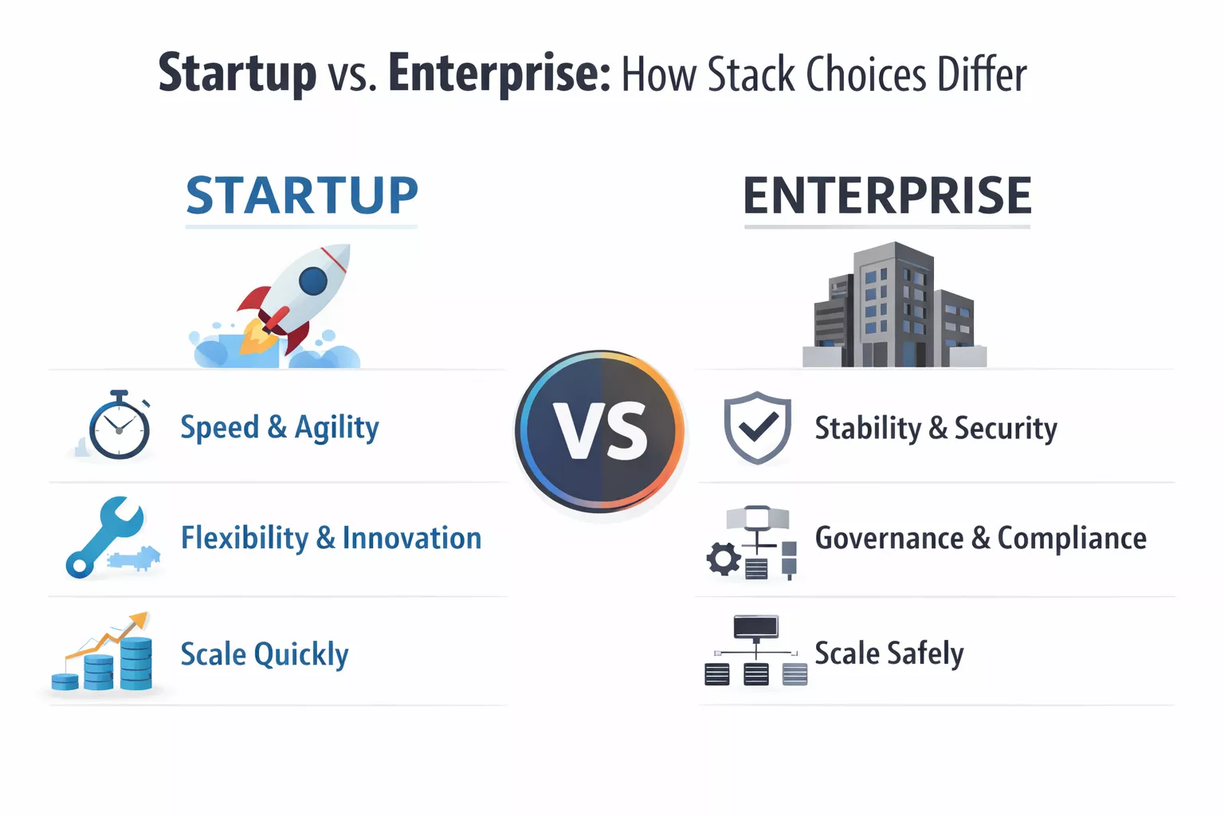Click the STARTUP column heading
click(x=301, y=196)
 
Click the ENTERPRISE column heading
click(x=887, y=196)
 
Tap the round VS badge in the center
click(x=601, y=430)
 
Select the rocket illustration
click(x=291, y=303)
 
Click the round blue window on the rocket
click(x=312, y=280)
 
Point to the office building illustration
click(x=894, y=307)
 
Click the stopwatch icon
click(x=119, y=426)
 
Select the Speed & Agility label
click(x=279, y=428)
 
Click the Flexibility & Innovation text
click(x=331, y=539)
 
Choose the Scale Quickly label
click(x=264, y=654)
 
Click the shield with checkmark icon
click(x=757, y=427)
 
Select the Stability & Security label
click(x=936, y=429)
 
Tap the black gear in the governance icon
click(x=724, y=559)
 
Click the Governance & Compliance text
click(x=980, y=539)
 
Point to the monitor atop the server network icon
click(x=755, y=626)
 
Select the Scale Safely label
click(x=889, y=653)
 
